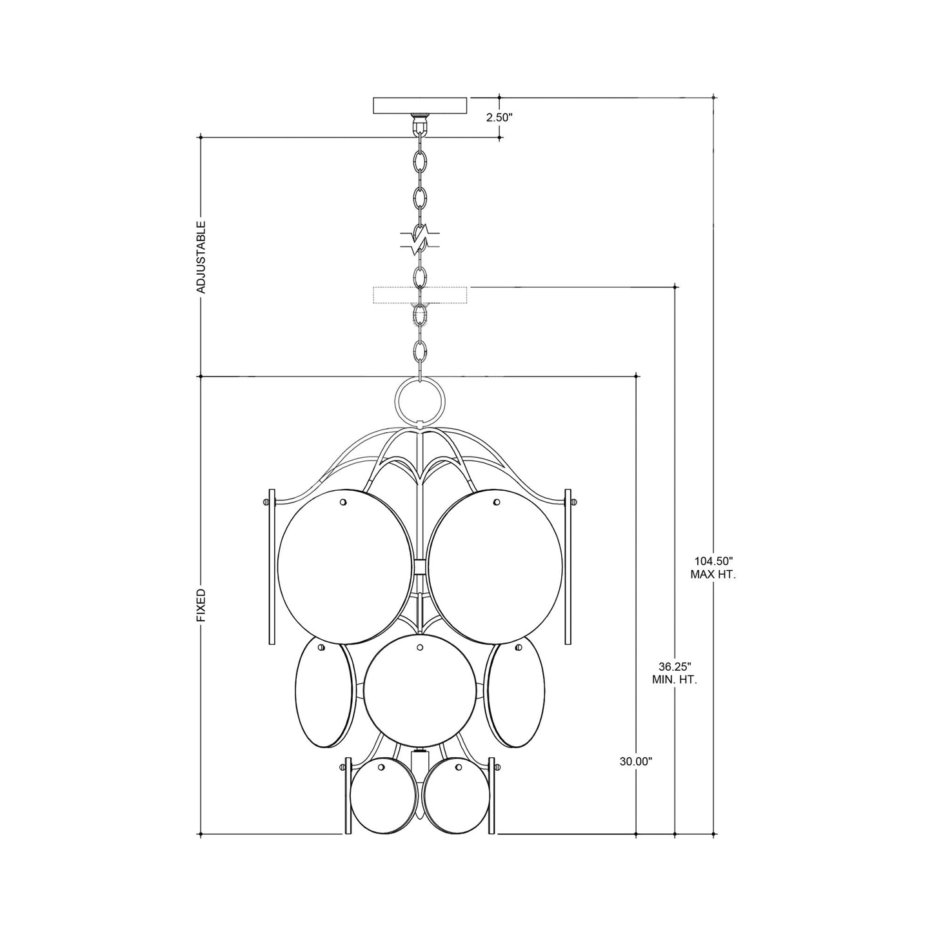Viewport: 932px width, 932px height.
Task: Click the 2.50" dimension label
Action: click(499, 117)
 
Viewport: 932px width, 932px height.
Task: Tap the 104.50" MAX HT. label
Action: click(713, 568)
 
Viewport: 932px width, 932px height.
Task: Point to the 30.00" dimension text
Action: click(636, 762)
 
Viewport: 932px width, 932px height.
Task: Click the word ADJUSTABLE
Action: click(201, 257)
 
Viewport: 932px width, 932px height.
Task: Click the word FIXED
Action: click(201, 604)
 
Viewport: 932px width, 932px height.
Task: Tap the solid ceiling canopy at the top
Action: click(421, 105)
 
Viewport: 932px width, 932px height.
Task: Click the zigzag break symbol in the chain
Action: click(421, 240)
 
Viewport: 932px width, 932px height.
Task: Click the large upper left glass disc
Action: click(344, 567)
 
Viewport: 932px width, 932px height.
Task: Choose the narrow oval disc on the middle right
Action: click(516, 693)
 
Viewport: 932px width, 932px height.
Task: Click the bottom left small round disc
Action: click(384, 796)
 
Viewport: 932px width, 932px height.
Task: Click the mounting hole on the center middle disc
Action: click(420, 646)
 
